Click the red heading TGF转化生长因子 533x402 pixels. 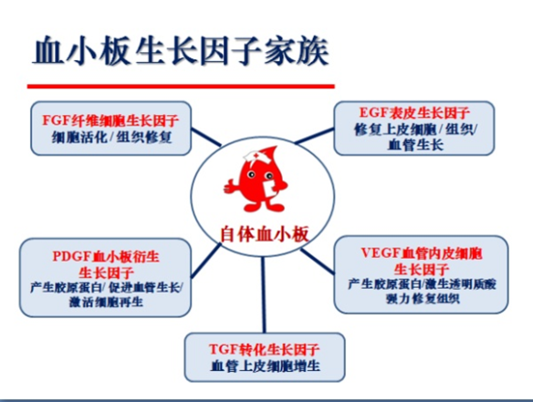click(x=266, y=350)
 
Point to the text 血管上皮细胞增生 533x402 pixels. click(x=266, y=367)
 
